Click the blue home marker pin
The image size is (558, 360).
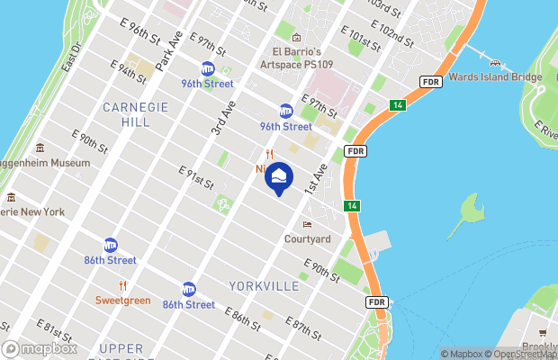pyautogui.click(x=278, y=178)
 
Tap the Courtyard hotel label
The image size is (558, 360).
pyautogui.click(x=308, y=238)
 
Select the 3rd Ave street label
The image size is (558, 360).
pyautogui.click(x=223, y=118)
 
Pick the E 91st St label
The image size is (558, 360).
pyautogui.click(x=196, y=177)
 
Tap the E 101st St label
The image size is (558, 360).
pyautogui.click(x=361, y=41)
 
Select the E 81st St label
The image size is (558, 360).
pyautogui.click(x=54, y=332)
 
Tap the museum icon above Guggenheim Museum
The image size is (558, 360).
pyautogui.click(x=40, y=148)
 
